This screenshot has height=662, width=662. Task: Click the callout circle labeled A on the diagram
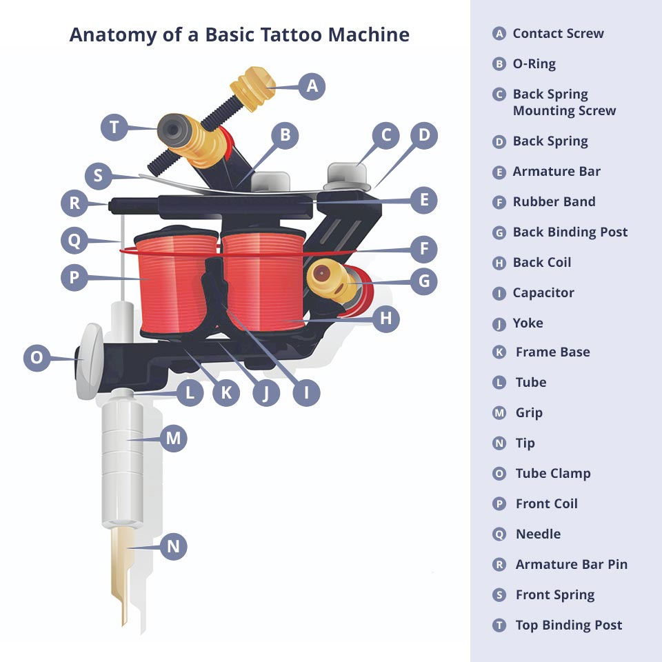[x=312, y=86]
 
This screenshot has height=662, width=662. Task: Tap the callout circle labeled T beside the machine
[x=114, y=128]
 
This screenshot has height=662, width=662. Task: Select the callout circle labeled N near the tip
[x=174, y=547]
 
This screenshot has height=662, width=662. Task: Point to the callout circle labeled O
[x=37, y=358]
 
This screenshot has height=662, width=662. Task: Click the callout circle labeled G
[x=424, y=281]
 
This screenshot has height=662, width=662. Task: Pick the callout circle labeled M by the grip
[x=173, y=438]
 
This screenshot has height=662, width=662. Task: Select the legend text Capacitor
[x=543, y=293]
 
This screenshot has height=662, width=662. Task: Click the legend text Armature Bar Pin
[x=571, y=565]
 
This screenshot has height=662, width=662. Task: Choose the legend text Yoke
[x=528, y=323]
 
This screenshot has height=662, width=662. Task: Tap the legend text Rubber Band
[x=554, y=202]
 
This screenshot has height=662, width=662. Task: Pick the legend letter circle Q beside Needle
[x=500, y=534]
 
